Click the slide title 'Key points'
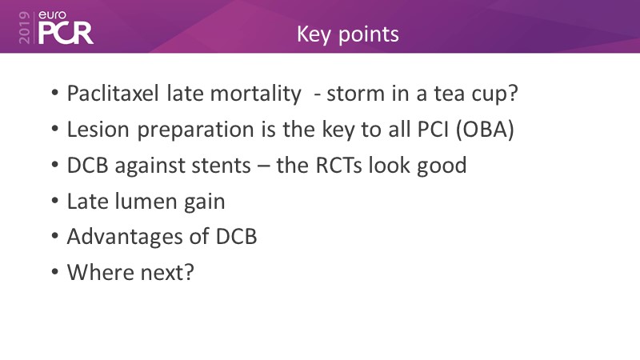pos(348,34)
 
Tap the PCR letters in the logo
pos(66,34)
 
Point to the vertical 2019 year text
pos(24,27)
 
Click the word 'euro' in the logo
pos(52,15)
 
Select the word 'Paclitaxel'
pos(113,93)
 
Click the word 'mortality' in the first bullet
pos(255,94)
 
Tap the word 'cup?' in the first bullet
pos(494,94)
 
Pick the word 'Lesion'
pos(98,130)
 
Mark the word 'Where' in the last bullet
pos(100,272)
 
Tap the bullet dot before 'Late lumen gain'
pos(55,202)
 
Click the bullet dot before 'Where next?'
pos(55,272)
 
